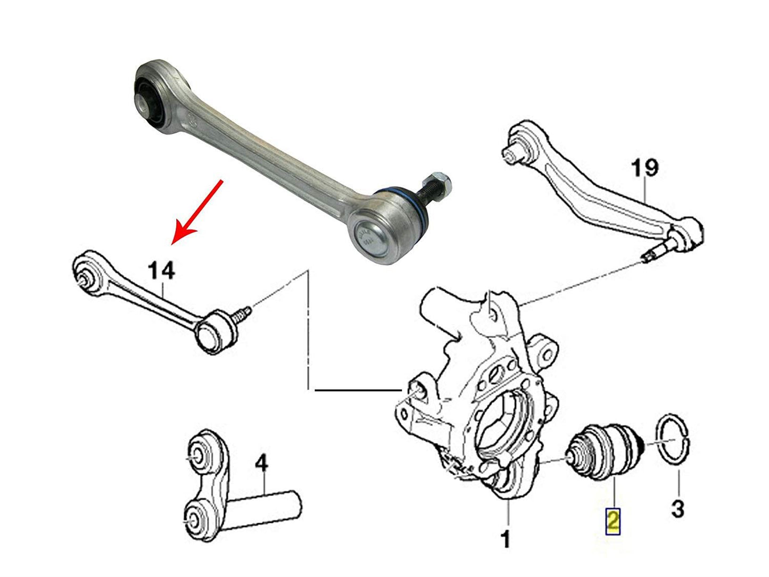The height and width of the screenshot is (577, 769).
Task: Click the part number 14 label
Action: pyautogui.click(x=161, y=271)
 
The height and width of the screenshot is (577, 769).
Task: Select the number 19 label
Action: pyautogui.click(x=644, y=169)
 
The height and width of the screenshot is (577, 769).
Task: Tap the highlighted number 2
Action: pyautogui.click(x=613, y=521)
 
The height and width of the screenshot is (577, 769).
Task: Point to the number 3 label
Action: pyautogui.click(x=677, y=509)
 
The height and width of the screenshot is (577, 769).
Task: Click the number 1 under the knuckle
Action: pyautogui.click(x=506, y=539)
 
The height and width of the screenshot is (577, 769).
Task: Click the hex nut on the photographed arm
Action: pyautogui.click(x=441, y=183)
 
